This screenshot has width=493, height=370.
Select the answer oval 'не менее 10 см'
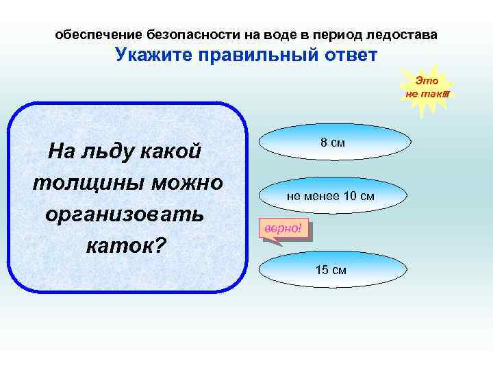(x=331, y=197)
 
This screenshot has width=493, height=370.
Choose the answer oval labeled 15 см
(x=331, y=269)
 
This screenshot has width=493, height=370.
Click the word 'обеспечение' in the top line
(x=98, y=34)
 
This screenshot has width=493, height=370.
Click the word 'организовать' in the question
(x=124, y=213)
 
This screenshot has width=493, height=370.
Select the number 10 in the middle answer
(x=349, y=197)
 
